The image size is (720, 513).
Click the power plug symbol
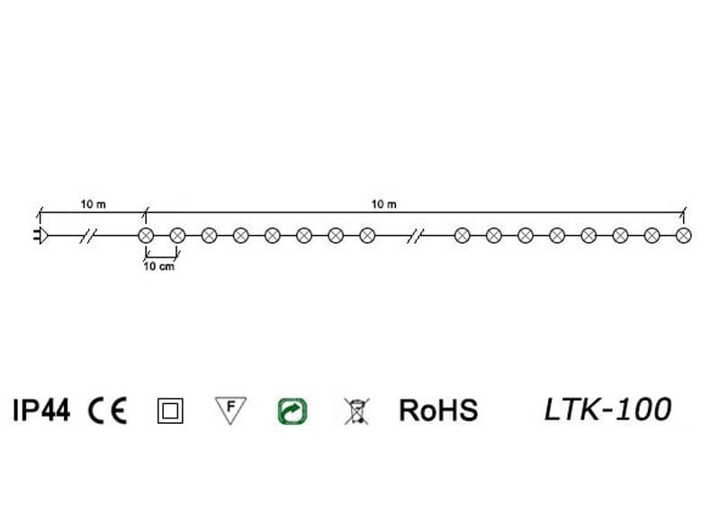click(40, 237)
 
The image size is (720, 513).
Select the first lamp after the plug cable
click(145, 236)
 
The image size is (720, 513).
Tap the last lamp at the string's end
click(682, 236)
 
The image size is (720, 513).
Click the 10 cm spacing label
click(160, 267)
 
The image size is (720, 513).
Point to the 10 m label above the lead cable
click(93, 205)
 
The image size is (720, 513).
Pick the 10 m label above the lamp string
click(384, 205)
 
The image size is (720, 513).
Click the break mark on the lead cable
click(88, 237)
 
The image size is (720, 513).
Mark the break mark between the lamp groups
click(414, 237)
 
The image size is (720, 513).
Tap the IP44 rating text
click(41, 411)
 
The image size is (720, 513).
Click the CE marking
click(108, 411)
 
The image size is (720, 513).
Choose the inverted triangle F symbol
click(230, 409)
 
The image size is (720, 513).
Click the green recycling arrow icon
click(292, 411)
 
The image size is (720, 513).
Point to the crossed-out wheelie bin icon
click(356, 411)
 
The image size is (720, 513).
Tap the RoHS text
click(438, 411)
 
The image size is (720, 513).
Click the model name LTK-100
click(607, 409)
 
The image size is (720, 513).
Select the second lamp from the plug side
click(177, 236)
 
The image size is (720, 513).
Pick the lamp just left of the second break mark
click(366, 236)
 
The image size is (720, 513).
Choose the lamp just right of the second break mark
click(462, 236)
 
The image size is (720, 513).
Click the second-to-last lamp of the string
click(651, 236)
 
